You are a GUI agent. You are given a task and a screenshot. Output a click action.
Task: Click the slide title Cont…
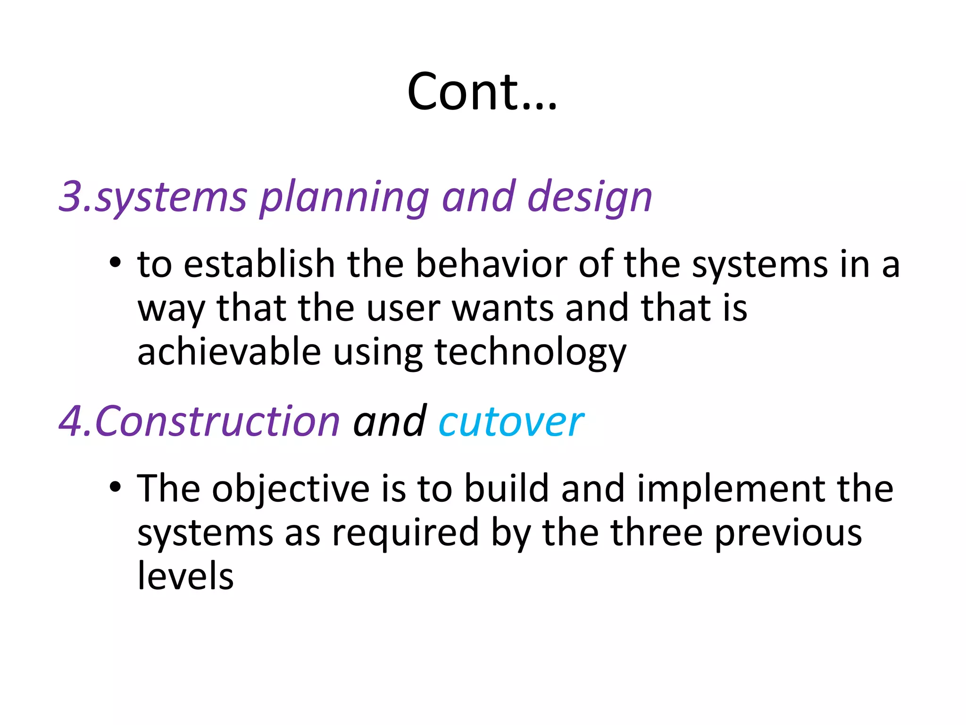click(482, 92)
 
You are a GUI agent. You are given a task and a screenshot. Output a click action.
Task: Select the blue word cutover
click(511, 422)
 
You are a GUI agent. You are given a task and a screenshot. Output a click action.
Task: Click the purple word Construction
click(217, 422)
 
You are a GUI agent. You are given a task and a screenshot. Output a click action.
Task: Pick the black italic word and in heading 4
click(390, 422)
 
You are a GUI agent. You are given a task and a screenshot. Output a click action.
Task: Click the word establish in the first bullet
click(259, 264)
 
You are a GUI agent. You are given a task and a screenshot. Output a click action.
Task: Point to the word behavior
click(491, 264)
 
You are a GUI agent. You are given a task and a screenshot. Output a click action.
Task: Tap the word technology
click(530, 353)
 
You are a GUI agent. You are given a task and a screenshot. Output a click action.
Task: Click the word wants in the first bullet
click(503, 308)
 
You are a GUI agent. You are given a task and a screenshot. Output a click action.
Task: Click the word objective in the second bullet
click(291, 489)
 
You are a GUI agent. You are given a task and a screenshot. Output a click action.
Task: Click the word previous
click(788, 533)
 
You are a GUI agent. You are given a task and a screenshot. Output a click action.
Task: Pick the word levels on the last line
click(185, 576)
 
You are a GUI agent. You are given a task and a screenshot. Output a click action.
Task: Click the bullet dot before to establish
click(115, 262)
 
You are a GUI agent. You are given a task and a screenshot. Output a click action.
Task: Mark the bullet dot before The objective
click(115, 487)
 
